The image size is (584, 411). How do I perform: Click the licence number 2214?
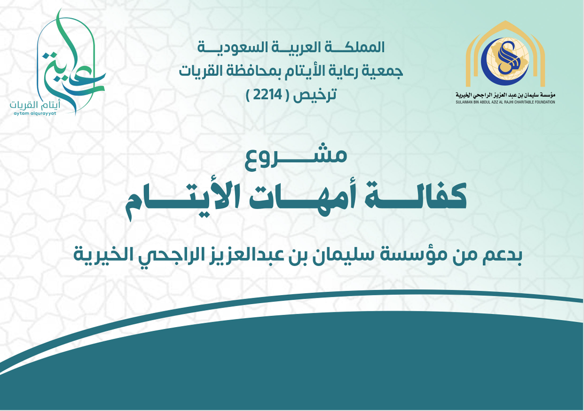tap(268, 96)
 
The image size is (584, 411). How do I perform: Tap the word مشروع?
tap(296, 159)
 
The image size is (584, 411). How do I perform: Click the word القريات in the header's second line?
tap(198, 71)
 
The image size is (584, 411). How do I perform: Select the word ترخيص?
tap(315, 96)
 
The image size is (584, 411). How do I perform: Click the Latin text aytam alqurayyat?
tap(35, 113)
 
